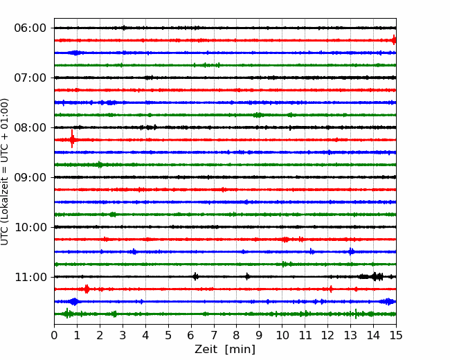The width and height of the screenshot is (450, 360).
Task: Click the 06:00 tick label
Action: click(x=30, y=28)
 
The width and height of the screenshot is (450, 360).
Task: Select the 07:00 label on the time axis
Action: click(x=30, y=78)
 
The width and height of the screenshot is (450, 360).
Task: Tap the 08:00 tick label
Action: click(x=30, y=127)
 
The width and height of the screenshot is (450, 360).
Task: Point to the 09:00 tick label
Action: click(x=30, y=177)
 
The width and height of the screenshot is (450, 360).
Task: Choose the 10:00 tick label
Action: click(x=30, y=227)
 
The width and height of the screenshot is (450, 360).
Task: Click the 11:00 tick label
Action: click(x=30, y=277)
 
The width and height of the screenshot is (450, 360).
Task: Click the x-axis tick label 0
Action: click(x=54, y=336)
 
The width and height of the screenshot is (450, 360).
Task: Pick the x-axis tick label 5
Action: click(x=168, y=336)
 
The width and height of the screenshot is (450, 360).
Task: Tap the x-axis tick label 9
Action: click(x=260, y=336)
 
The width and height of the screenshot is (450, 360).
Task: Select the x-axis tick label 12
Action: click(x=327, y=336)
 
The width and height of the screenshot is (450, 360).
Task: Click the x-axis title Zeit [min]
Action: click(x=225, y=350)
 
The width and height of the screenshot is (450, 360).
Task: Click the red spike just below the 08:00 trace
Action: click(x=72, y=139)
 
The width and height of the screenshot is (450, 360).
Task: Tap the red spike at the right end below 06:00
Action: click(x=393, y=40)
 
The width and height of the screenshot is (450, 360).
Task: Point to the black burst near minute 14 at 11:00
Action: click(x=375, y=276)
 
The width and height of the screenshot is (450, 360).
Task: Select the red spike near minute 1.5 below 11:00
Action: click(x=87, y=289)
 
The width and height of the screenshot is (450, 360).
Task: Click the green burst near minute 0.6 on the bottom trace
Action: click(x=67, y=314)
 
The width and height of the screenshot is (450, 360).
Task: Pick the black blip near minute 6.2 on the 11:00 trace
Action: click(x=195, y=276)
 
